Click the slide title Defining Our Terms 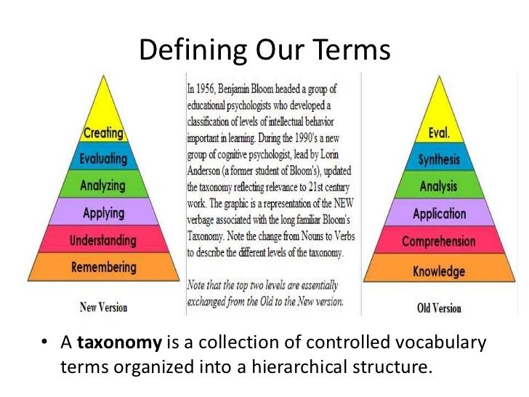tap(264, 50)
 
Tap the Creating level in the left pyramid tap(103, 134)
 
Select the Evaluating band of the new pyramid tap(103, 159)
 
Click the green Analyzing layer tap(103, 186)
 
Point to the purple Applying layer tap(103, 214)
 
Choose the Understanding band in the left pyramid tap(103, 240)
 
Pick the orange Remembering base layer tap(103, 268)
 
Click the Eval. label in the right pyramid tap(438, 134)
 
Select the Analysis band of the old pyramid tap(438, 187)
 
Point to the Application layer tap(438, 214)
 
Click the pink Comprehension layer tap(438, 241)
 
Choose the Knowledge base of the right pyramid tap(438, 271)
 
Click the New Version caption tap(103, 307)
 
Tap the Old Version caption tap(439, 308)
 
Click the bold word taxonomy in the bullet tap(108, 343)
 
